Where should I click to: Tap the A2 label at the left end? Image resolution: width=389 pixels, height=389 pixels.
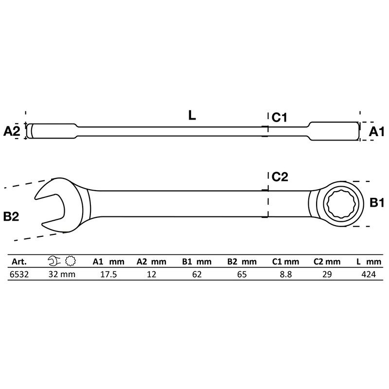point(12,131)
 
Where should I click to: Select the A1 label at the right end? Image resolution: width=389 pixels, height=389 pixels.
point(375,131)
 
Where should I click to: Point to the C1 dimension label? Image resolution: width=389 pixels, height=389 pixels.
point(281,117)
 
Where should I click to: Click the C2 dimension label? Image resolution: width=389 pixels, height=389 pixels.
point(280,177)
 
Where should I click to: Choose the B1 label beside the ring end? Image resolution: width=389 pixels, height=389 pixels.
point(377,203)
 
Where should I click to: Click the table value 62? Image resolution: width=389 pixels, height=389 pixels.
point(196,274)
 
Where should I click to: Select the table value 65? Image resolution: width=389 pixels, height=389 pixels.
point(242,274)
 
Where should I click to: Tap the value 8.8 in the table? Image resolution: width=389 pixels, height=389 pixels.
point(283,274)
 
